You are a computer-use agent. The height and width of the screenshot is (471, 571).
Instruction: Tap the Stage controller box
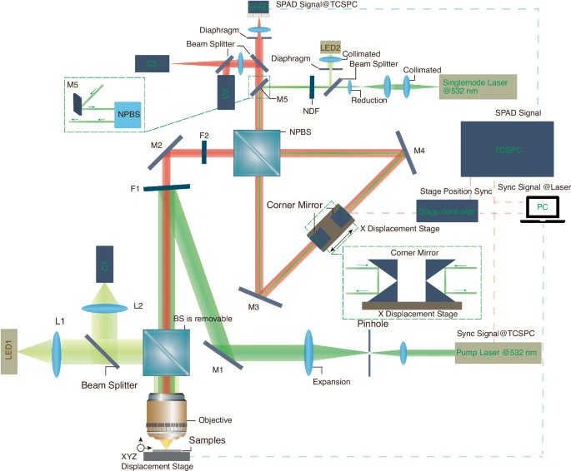[x=447, y=213]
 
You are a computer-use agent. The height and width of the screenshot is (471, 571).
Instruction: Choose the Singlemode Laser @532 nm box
[x=478, y=85]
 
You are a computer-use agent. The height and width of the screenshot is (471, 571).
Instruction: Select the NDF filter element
[x=310, y=85]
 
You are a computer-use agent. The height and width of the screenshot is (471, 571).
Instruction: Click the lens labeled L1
[x=58, y=346]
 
